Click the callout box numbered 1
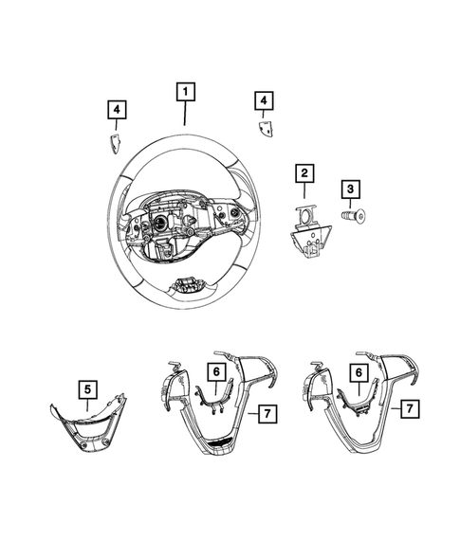[x=185, y=92]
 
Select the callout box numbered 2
[x=304, y=172]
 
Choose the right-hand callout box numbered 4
[x=263, y=100]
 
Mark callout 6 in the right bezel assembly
[x=358, y=373]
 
